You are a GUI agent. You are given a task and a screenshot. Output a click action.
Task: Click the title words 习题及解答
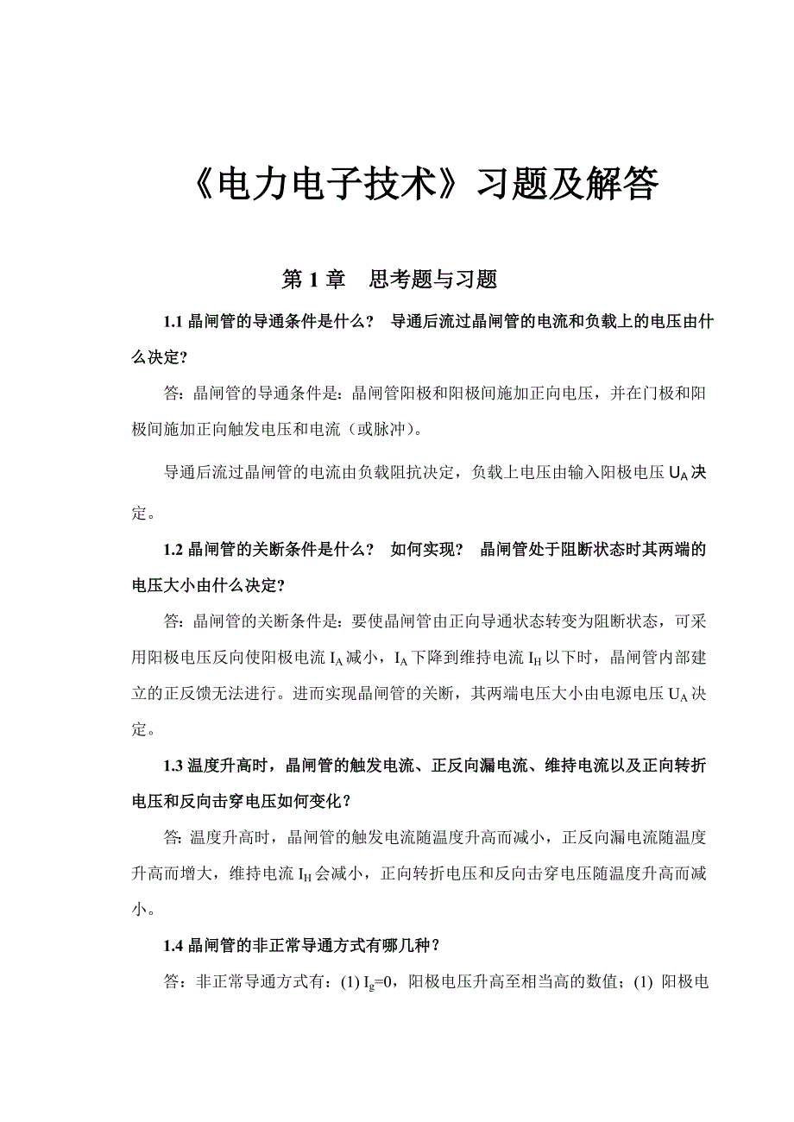[x=569, y=185]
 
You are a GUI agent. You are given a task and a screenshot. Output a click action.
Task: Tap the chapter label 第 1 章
[x=314, y=280]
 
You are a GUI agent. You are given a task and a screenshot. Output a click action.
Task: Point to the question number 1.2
[x=173, y=550]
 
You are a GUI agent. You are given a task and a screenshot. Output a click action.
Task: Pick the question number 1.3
[x=173, y=766]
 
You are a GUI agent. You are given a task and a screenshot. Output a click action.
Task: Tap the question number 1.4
[x=173, y=946]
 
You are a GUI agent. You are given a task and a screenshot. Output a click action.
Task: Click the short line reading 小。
[x=144, y=909]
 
